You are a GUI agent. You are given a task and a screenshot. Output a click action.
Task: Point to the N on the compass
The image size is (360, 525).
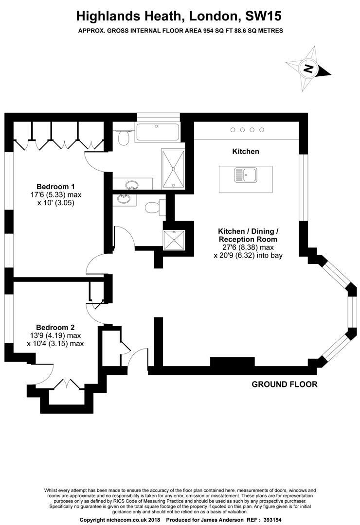307,69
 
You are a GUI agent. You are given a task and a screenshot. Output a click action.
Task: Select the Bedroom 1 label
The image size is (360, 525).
55,186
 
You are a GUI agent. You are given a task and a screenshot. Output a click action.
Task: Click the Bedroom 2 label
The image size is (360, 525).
55,327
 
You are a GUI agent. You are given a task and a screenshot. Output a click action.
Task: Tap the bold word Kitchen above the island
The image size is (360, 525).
245,152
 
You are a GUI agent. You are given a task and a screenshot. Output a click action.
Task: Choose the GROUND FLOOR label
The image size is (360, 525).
284,385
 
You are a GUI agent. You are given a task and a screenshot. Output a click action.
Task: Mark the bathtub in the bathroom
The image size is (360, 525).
157,132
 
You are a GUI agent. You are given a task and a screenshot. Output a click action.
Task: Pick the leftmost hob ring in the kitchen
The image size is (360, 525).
233,129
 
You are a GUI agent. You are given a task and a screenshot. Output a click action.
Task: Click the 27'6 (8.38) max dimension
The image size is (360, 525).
248,247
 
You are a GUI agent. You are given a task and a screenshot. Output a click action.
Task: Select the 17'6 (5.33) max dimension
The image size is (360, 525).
55,194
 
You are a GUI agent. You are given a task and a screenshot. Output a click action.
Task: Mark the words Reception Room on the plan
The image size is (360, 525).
248,239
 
